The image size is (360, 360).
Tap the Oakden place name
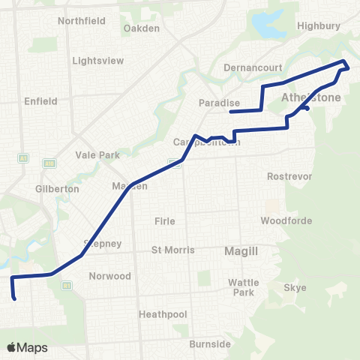pos(142,28)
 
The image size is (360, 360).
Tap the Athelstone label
pos(310,97)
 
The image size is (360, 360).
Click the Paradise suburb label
pos(219,103)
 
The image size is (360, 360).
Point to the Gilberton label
pos(57,189)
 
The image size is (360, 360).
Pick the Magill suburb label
pos(241,252)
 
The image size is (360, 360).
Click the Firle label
pos(163,221)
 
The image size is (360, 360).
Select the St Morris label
pos(173,250)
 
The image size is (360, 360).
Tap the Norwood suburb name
pos(109,276)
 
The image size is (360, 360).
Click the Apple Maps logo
pos(26,347)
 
